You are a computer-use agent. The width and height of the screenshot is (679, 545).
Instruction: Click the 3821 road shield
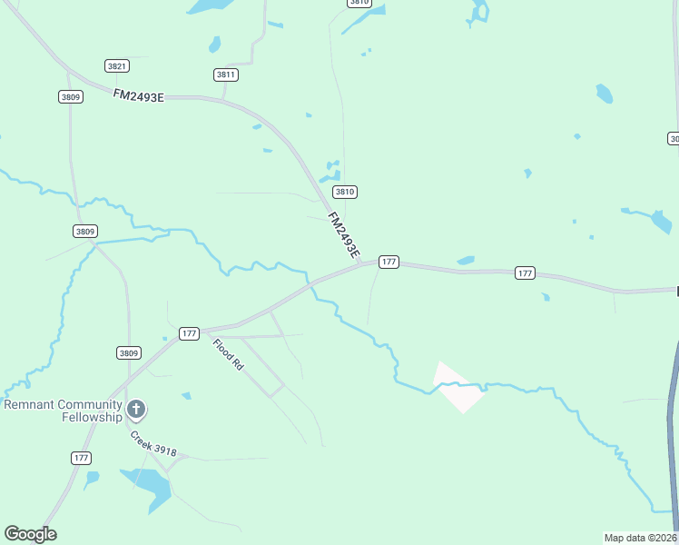pos(117,65)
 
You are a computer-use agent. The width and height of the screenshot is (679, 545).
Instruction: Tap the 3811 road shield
pos(226,74)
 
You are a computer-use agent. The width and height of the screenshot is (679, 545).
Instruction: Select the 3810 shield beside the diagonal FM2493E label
pos(344,192)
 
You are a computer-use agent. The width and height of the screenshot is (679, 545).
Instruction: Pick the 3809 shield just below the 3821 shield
pos(71,96)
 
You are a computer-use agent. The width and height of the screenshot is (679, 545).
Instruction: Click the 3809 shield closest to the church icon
pos(129,352)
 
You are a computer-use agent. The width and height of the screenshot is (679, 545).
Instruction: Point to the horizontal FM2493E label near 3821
pos(139,95)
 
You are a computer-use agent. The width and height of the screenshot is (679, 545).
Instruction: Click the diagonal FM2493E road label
pos(344,235)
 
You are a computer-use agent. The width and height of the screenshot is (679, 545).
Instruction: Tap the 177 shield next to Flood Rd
pos(189,333)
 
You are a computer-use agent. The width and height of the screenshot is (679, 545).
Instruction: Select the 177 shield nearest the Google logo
pos(82,458)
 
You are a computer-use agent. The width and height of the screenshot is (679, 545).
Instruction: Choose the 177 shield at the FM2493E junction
pos(389,262)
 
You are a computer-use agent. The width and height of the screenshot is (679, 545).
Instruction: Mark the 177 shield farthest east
pos(525,272)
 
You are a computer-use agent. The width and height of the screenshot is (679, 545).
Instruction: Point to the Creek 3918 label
pos(153,444)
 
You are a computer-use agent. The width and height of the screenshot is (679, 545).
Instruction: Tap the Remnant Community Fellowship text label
pos(63,411)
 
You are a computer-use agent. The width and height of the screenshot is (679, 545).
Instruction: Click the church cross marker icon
pos(136,410)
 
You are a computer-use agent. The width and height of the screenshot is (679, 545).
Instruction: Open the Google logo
pos(30,534)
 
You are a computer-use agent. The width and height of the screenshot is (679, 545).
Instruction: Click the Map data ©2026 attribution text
pos(640,537)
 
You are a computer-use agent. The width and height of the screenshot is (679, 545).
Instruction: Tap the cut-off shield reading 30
pos(674,138)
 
